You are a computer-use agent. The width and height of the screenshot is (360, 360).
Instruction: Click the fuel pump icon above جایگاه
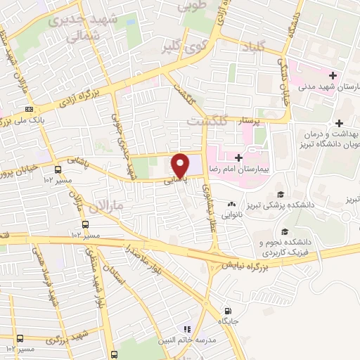[227, 311]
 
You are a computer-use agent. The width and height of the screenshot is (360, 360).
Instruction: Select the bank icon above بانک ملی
[28, 110]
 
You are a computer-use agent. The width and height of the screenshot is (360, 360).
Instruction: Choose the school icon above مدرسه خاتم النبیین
[187, 328]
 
